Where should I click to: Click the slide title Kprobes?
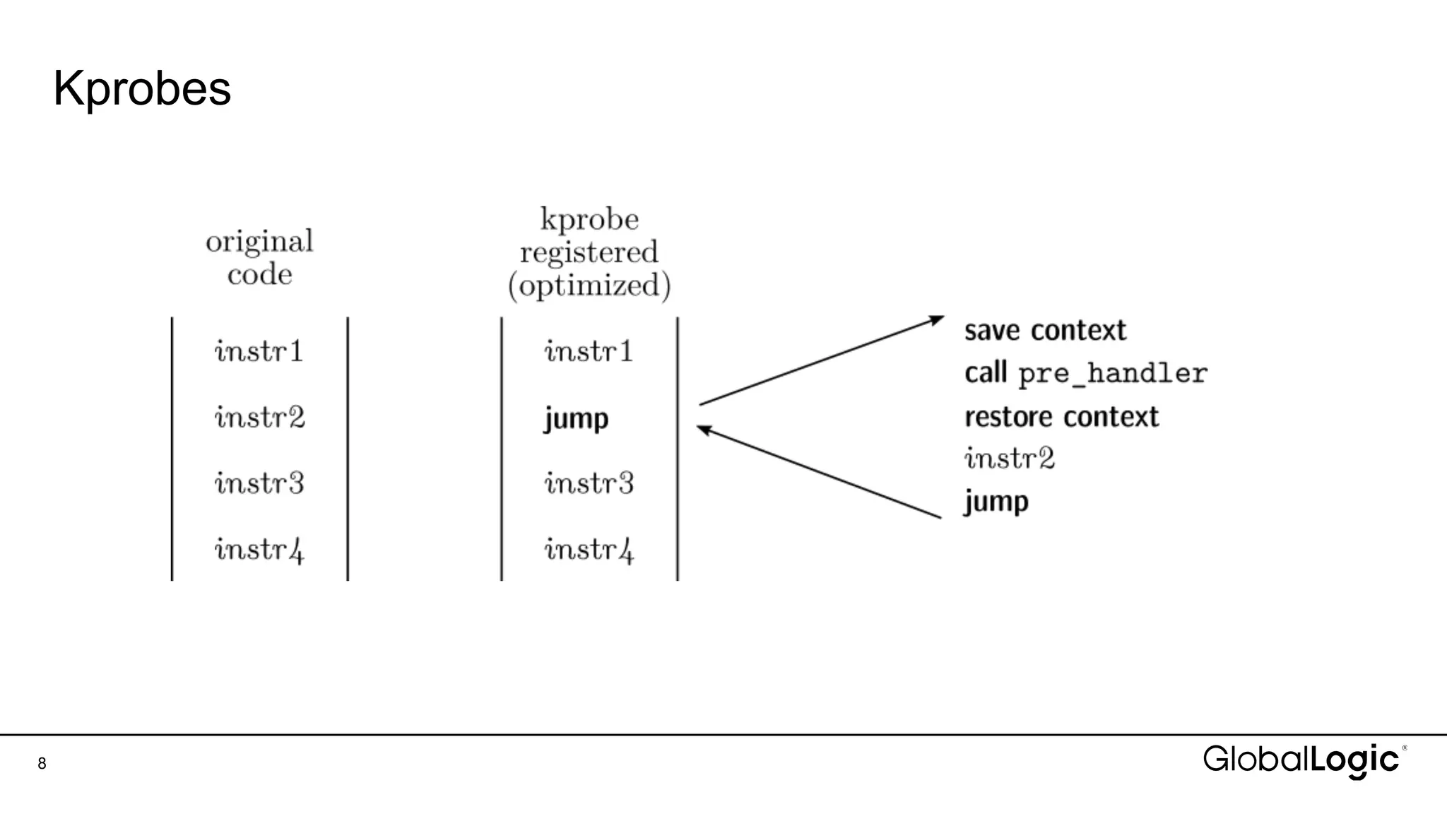(142, 89)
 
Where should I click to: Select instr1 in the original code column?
(259, 351)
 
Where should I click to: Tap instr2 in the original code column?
(259, 417)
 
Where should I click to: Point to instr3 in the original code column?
(259, 483)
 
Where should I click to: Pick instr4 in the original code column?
(259, 550)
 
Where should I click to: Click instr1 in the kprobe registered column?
(589, 351)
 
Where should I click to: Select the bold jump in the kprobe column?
(576, 418)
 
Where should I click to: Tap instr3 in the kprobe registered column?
(589, 483)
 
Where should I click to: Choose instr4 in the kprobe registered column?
(589, 550)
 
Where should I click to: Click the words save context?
(1045, 331)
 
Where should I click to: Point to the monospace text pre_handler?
(1113, 374)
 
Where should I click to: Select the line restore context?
(1061, 417)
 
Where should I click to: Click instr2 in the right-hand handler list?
(1010, 459)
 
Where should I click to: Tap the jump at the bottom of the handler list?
(996, 502)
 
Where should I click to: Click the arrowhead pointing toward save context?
(937, 320)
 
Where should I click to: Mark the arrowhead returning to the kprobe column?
(704, 429)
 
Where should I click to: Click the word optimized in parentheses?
(589, 285)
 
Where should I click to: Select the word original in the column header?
(259, 242)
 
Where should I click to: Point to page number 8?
(42, 763)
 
